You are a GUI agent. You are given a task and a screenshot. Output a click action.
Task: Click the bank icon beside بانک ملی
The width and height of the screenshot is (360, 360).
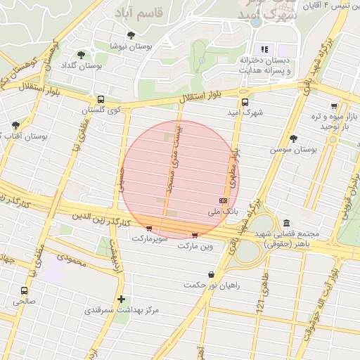[x=223, y=202]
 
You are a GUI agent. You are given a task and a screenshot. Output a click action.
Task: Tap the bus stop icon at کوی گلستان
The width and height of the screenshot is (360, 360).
[x=101, y=99]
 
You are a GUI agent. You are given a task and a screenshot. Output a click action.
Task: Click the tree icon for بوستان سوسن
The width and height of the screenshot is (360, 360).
[x=293, y=139]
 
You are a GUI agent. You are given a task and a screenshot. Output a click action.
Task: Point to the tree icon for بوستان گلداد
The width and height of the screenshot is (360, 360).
[x=82, y=54]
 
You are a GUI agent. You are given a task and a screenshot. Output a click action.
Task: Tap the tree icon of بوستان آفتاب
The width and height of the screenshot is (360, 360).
[x=15, y=124]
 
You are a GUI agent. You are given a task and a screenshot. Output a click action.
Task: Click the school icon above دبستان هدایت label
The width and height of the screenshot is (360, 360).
[x=265, y=49]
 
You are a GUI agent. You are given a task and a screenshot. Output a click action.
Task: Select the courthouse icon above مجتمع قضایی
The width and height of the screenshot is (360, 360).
[x=285, y=223]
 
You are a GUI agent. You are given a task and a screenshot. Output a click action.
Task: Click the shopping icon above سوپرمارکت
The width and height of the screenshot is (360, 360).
[x=149, y=229]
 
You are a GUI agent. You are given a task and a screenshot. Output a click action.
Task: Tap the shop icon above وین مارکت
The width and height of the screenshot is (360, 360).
[x=195, y=236]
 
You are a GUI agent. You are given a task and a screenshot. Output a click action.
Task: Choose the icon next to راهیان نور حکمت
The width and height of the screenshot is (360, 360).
[x=212, y=275]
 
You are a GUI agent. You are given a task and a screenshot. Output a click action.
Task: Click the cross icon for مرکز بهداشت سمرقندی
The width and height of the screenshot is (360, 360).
[x=122, y=299]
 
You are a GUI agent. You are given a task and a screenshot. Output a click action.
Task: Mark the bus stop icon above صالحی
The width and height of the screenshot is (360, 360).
[x=25, y=290]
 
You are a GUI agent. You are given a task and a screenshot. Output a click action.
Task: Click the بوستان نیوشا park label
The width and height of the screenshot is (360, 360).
[x=128, y=46]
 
